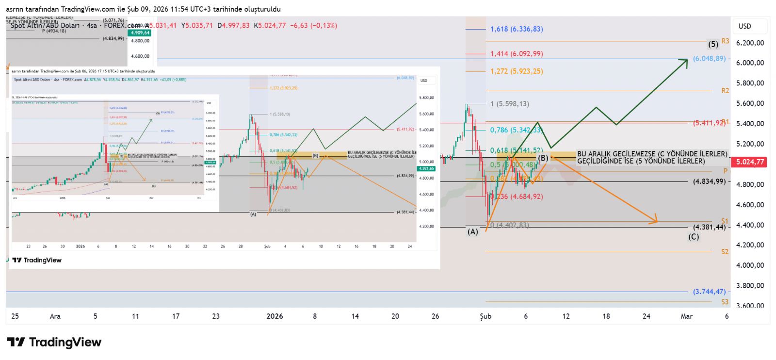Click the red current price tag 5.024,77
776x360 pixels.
750,162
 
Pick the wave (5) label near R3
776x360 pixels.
713,44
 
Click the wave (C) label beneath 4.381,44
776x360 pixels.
694,237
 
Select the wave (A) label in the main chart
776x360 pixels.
472,232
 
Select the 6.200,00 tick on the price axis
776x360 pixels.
750,43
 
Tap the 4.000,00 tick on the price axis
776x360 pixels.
750,265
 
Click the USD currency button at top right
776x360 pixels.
745,26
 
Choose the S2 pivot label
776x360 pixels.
725,252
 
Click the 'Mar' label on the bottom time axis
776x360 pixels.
686,316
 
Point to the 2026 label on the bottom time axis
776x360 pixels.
275,316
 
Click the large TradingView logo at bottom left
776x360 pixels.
54,343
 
